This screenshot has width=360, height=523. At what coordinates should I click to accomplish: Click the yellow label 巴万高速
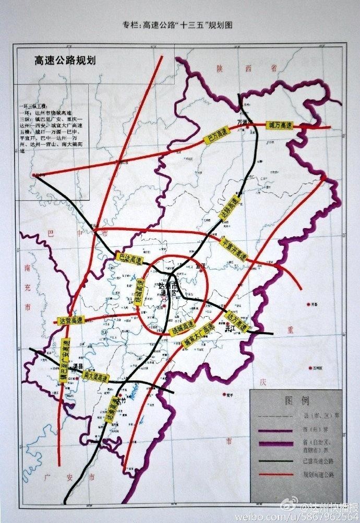click(x=215, y=137)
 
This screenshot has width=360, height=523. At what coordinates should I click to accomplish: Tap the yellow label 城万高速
click(x=278, y=125)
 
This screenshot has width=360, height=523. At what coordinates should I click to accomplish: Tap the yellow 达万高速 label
click(x=237, y=320)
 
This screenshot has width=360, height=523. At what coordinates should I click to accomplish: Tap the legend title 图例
click(x=297, y=400)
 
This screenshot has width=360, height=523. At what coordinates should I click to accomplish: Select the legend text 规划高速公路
click(x=319, y=474)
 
